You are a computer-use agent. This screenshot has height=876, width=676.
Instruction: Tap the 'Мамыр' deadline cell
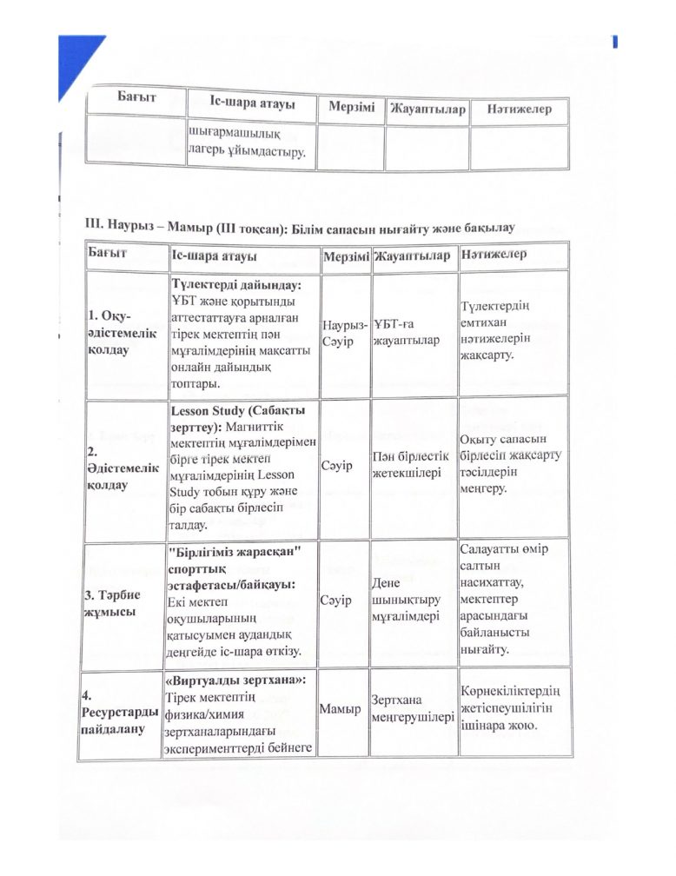pyautogui.click(x=341, y=710)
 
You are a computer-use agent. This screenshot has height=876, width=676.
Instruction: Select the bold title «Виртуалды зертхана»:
pyautogui.click(x=240, y=678)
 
